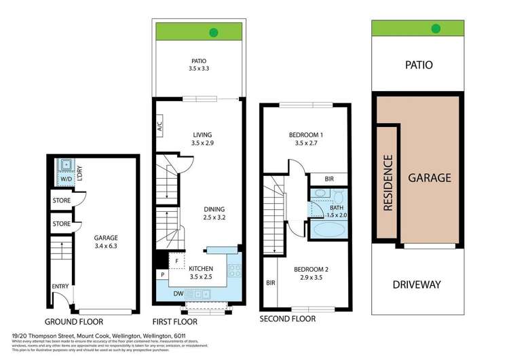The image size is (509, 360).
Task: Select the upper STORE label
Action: [62, 200]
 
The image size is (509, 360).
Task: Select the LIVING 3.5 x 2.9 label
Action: [202, 139]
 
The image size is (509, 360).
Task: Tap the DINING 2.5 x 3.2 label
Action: [214, 213]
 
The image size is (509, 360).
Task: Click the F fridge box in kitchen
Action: [177, 260]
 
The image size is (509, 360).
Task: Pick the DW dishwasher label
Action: [177, 293]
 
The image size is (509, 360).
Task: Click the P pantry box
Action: [162, 275]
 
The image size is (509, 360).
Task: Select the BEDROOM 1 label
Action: [305, 139]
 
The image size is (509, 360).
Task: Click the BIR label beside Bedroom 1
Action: [328, 179]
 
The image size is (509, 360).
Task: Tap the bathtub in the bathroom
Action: [328, 228]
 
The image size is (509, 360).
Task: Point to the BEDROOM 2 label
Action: [311, 274]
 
